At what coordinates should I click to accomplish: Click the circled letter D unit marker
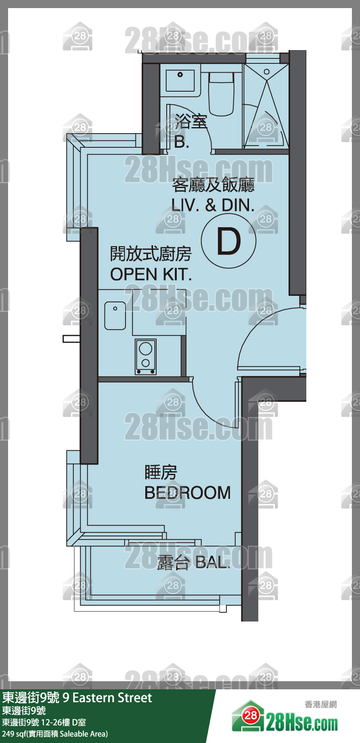coord(229,241)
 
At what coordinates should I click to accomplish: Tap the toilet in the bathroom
coord(221,94)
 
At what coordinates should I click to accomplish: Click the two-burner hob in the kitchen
coord(146,357)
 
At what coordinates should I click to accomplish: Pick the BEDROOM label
coord(188,493)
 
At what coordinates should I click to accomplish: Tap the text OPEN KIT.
coord(151,275)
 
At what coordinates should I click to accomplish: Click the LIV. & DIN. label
coord(213,205)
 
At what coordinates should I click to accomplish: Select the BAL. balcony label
coord(213,562)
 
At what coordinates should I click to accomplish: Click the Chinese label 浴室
coord(191,121)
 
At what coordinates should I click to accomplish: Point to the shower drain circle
coord(267,72)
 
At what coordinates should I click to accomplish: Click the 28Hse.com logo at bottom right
coord(285,721)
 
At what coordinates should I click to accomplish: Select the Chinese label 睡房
coord(161,472)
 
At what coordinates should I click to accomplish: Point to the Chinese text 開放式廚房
coord(151,254)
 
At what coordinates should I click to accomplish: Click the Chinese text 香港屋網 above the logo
coord(320,704)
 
